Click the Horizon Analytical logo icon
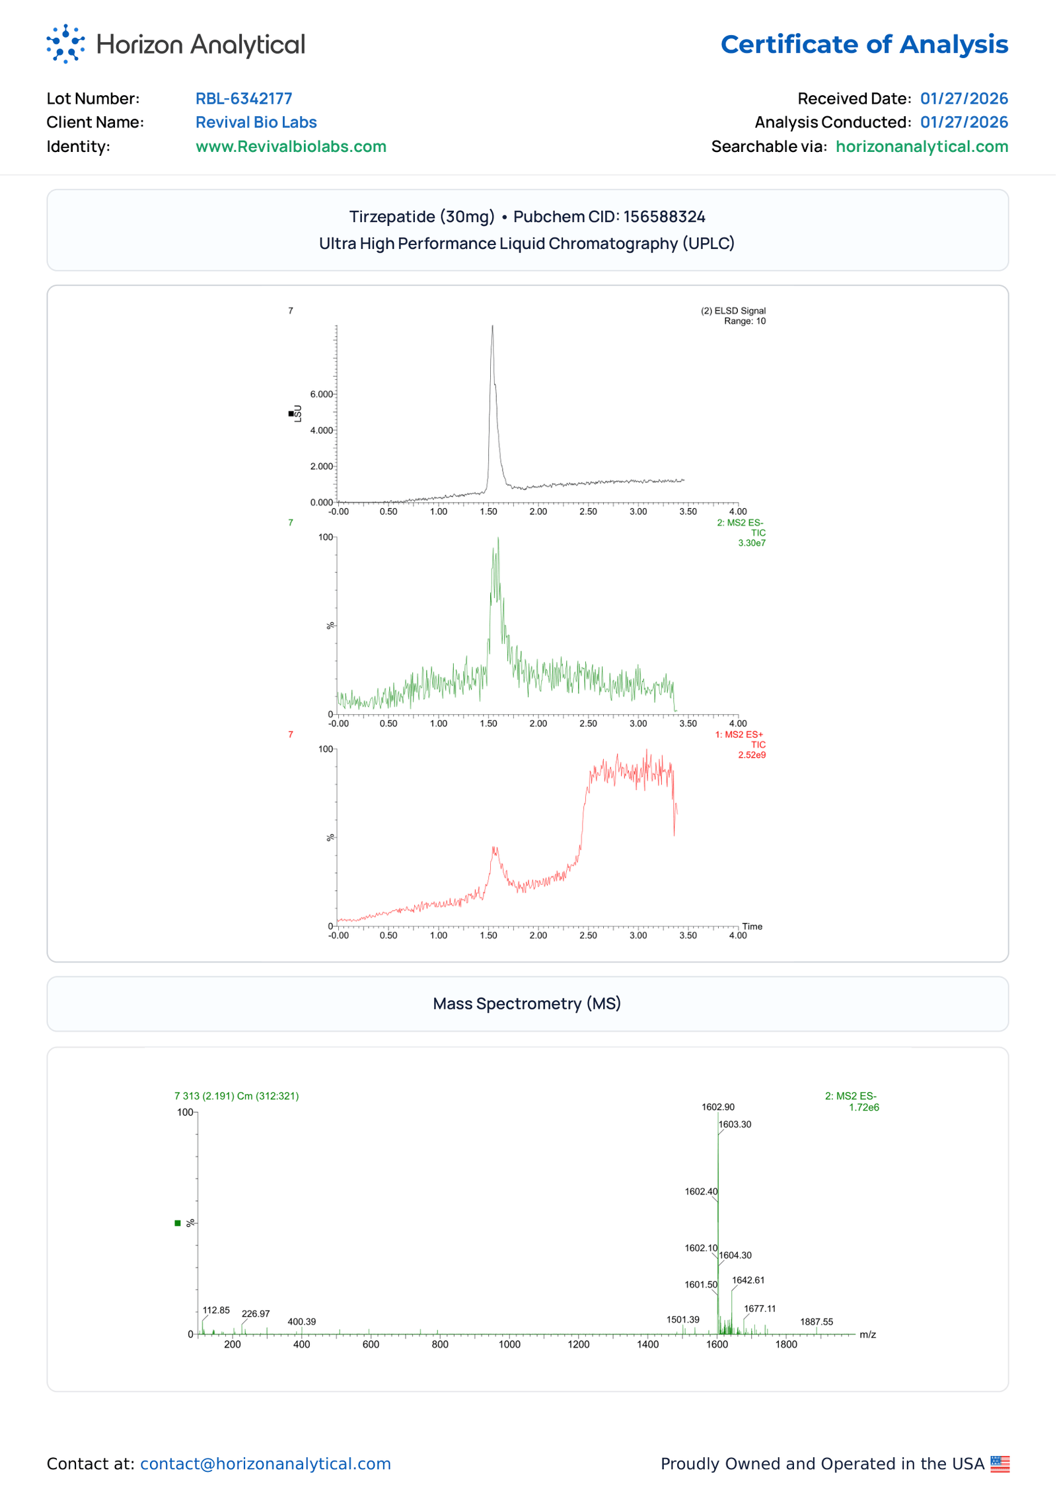(65, 44)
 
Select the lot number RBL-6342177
(244, 98)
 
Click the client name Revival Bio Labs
(256, 122)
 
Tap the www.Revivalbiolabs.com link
(291, 146)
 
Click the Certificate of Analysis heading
(863, 44)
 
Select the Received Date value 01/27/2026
(963, 98)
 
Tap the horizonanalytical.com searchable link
(921, 146)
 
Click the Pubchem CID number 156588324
(664, 217)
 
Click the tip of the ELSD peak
(492, 326)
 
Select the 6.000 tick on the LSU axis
(322, 394)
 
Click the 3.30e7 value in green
(751, 543)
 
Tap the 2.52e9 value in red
(751, 755)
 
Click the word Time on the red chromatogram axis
(752, 926)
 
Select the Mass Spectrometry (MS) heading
(527, 1003)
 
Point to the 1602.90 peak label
(717, 1107)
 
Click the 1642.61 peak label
(748, 1280)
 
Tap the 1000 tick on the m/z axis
(509, 1344)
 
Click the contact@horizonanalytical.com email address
(266, 1464)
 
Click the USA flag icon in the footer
(1000, 1464)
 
